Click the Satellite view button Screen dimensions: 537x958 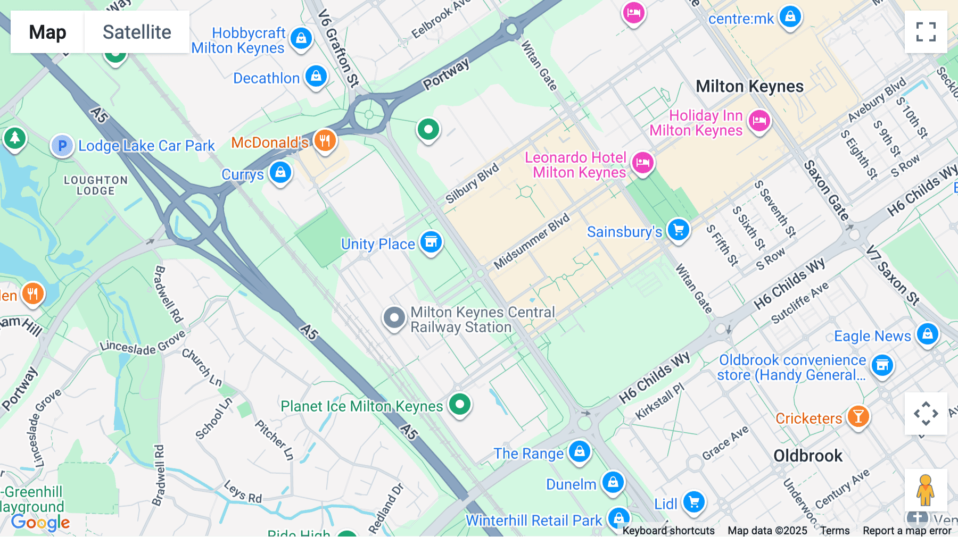coord(137,32)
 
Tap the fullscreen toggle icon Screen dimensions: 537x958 coord(926,32)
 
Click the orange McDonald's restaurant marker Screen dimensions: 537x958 coord(325,140)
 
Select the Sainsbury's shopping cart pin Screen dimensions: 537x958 coord(678,230)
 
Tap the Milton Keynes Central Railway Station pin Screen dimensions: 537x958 coord(394,318)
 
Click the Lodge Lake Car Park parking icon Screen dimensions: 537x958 coord(62,145)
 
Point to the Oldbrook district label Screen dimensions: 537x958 coord(807,456)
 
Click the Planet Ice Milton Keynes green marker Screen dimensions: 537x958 coord(460,404)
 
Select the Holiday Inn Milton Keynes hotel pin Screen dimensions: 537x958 coord(759,121)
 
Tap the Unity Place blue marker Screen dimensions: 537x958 coord(431,242)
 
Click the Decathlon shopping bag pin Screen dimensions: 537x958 coord(316,76)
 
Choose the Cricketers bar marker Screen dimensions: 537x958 coord(858,416)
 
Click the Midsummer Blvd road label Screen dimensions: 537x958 coord(531,241)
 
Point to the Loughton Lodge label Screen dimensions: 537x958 coord(96,185)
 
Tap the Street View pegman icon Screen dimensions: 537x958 coord(926,490)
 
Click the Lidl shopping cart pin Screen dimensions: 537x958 coord(694,501)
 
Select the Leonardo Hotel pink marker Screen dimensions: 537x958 coord(642,163)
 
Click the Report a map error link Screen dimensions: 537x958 coord(907,531)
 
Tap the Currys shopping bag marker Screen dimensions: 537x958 coord(280,172)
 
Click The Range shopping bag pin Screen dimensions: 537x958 coord(579,451)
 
